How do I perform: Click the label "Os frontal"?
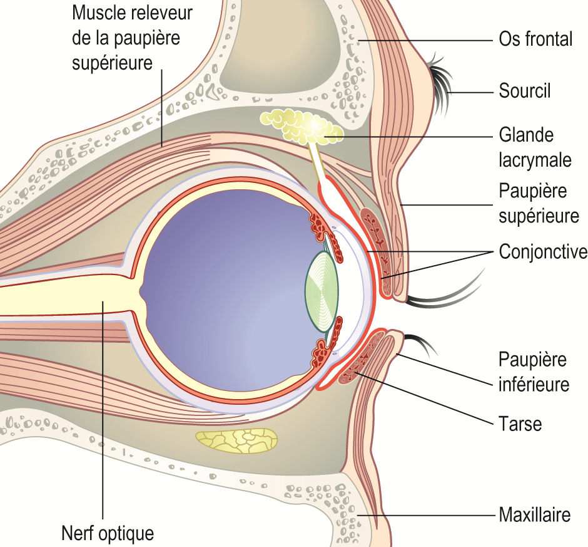point(535,39)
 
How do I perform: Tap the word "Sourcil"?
point(525,91)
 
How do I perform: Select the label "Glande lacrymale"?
point(535,147)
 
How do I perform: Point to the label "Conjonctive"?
point(542,252)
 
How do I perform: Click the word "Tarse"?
point(520,424)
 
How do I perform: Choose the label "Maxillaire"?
point(535,516)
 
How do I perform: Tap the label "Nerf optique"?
point(108,534)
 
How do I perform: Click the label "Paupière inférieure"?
point(534,372)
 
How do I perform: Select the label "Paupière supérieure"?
point(539,203)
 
